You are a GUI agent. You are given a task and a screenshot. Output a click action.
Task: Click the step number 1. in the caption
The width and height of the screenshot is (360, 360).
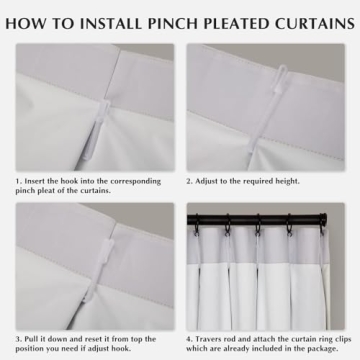point(19,181)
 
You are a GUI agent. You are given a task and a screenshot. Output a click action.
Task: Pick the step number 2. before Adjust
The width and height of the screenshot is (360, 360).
point(189,181)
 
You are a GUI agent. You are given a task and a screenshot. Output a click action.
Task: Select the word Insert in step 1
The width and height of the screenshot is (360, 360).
point(37,181)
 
